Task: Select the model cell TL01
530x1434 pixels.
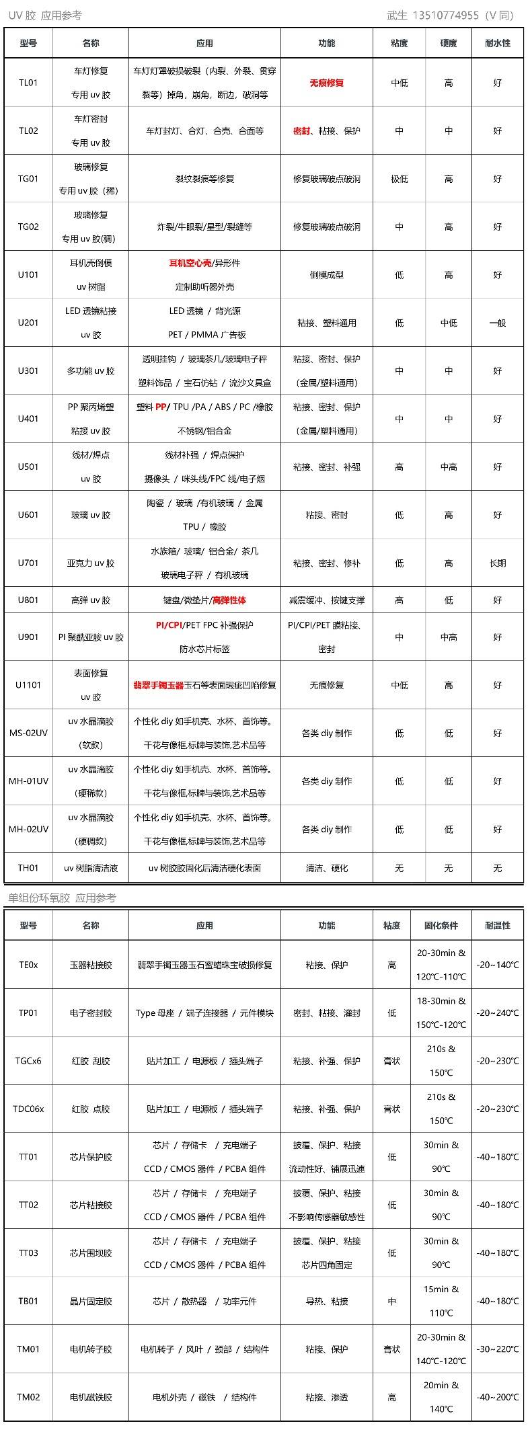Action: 28,83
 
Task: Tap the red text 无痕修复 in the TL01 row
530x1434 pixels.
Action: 326,83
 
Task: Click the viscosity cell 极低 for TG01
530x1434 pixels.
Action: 399,179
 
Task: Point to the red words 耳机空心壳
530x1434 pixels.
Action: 190,263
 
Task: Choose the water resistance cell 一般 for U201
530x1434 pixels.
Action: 497,323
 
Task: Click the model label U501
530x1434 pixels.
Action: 28,467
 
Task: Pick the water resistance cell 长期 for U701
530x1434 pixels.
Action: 497,563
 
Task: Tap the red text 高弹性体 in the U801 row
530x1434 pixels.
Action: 229,600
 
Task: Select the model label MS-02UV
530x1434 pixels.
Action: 28,733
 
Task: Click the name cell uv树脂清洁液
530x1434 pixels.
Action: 91,868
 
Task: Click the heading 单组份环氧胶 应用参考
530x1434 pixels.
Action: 62,898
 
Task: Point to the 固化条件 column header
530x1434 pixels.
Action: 441,925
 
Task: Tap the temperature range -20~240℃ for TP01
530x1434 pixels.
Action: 497,1012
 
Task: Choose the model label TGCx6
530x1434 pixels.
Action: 28,1061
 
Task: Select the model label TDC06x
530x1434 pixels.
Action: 28,1109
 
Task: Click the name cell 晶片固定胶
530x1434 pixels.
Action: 91,1301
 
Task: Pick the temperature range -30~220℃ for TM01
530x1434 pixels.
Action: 497,1349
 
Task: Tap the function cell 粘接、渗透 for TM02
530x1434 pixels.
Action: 326,1397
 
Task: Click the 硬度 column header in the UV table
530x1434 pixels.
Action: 448,43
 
